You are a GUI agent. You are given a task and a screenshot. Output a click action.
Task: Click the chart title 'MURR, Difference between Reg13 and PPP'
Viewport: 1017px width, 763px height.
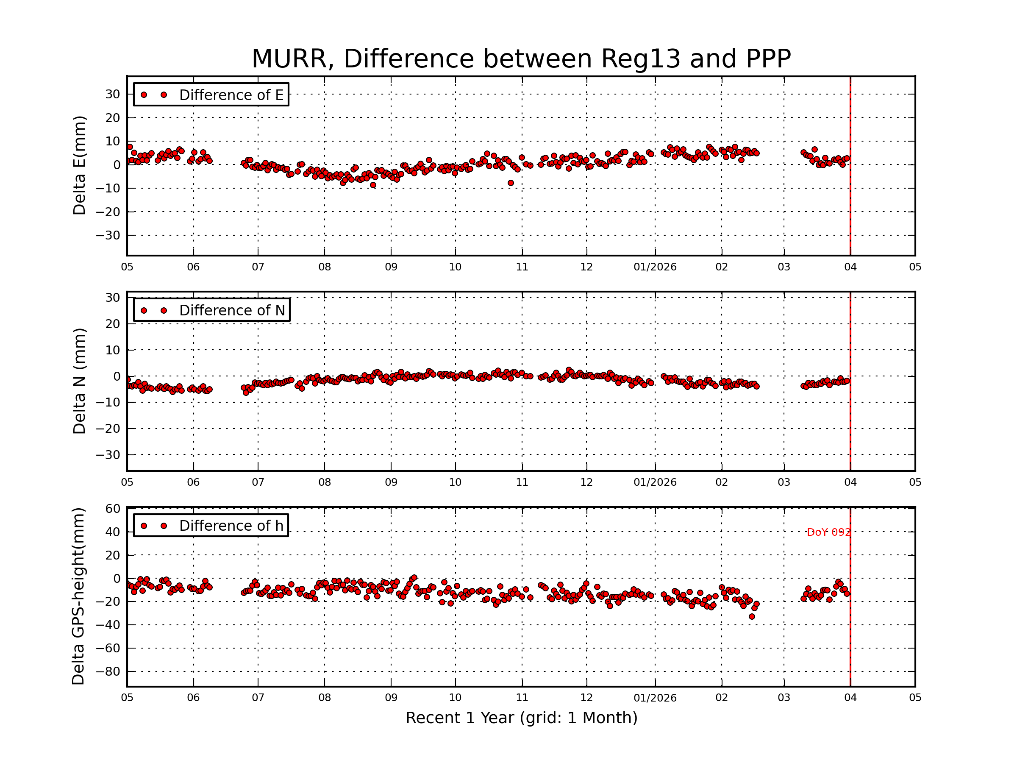tap(521, 59)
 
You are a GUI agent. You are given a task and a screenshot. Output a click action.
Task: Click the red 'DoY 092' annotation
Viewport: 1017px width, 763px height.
tap(828, 532)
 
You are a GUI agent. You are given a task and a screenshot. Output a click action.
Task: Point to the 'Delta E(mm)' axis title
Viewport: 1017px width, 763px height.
tap(80, 165)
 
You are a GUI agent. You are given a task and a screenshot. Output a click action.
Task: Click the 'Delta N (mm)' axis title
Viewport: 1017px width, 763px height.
tap(80, 381)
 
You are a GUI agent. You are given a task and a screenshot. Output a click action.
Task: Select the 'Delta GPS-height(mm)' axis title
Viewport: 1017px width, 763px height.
tap(79, 596)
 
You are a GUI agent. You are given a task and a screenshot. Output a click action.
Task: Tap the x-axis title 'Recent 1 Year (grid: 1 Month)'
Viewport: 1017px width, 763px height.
tap(521, 718)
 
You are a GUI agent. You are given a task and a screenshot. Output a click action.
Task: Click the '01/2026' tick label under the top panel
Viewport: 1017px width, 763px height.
tap(655, 267)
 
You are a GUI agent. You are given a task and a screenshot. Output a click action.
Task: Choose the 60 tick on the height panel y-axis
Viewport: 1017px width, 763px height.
tap(113, 509)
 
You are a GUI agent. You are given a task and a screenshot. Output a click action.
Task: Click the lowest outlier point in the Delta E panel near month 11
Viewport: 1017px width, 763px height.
tap(510, 183)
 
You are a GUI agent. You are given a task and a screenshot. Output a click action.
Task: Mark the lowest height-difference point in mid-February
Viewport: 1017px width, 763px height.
tap(752, 617)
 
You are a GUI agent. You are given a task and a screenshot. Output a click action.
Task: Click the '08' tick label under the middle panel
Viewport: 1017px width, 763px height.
tap(325, 482)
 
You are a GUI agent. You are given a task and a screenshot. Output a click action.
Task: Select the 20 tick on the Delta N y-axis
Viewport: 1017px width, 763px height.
tap(113, 324)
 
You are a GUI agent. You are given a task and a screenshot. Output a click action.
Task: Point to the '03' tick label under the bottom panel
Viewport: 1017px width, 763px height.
tap(784, 698)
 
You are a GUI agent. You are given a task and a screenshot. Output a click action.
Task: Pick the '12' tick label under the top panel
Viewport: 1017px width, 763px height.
tap(586, 267)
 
